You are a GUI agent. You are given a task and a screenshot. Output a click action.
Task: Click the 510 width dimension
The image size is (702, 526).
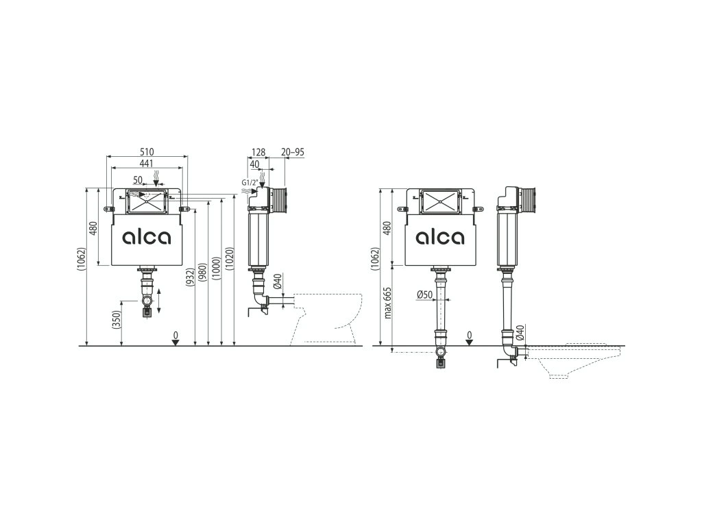147,152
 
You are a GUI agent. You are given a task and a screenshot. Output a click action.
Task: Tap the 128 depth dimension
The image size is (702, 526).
258,152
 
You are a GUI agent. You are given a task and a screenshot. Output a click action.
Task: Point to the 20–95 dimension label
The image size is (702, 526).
293,152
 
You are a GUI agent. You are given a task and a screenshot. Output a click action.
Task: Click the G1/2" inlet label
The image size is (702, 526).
250,182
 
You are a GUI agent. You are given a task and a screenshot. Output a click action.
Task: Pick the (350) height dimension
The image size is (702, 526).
117,320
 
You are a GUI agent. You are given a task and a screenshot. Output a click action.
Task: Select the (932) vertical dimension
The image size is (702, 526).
191,277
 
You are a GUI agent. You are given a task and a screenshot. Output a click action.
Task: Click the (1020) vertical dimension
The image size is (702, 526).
229,259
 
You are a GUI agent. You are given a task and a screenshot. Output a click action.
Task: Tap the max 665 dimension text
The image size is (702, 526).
388,302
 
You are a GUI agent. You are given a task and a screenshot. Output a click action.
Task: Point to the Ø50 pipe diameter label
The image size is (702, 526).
424,295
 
